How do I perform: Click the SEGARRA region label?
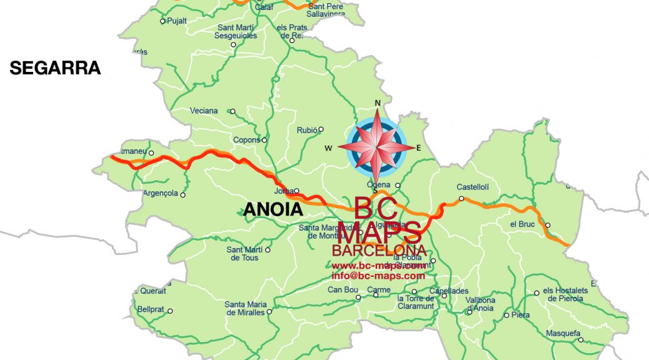(x=55, y=68)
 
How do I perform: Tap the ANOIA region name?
(x=273, y=209)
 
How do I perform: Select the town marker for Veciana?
(x=233, y=111)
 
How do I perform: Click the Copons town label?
(x=246, y=140)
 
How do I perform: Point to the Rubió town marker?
(x=321, y=130)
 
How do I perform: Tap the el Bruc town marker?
(x=548, y=226)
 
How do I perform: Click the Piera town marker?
(x=506, y=315)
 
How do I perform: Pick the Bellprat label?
(x=150, y=309)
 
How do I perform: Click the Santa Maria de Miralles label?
(x=244, y=308)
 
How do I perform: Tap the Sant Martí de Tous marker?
(x=268, y=250)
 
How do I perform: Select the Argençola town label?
(x=160, y=193)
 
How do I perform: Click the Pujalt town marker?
(x=163, y=21)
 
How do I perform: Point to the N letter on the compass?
(x=377, y=103)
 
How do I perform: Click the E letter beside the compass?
(x=419, y=148)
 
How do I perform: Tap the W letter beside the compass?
(x=328, y=148)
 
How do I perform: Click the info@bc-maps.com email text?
(x=378, y=276)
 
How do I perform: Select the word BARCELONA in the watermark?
(x=379, y=251)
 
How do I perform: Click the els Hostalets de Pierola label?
(x=565, y=294)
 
